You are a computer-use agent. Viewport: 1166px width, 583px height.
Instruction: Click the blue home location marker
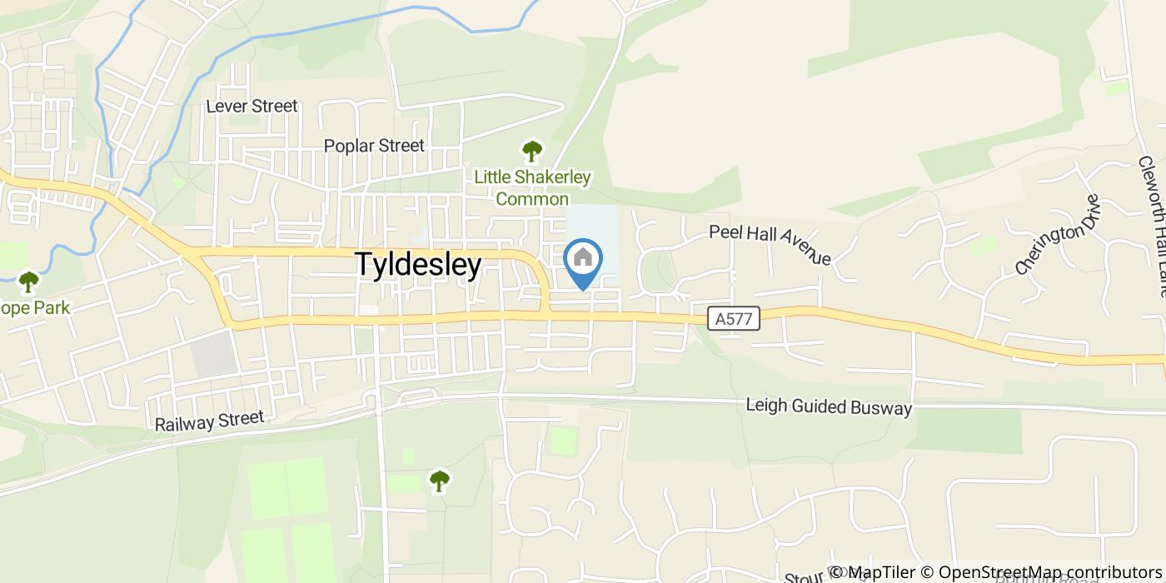click(x=583, y=261)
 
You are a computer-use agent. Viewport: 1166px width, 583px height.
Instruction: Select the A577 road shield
click(x=734, y=318)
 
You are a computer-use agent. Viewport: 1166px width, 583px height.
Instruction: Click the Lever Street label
click(x=252, y=107)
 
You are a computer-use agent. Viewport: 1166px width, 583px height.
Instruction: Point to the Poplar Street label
click(x=374, y=146)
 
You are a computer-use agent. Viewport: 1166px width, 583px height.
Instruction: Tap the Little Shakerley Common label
click(x=532, y=187)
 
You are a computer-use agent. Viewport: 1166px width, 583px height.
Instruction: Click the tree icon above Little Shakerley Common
click(x=531, y=152)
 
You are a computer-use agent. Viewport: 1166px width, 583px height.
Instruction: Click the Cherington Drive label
click(x=1058, y=234)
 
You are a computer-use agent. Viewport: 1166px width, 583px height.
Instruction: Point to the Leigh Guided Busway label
click(x=829, y=407)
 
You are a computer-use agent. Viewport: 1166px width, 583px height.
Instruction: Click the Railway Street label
click(x=209, y=421)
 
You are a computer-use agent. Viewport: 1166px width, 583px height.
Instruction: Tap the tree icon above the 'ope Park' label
click(x=29, y=282)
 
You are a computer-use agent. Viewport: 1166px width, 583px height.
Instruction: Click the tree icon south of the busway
click(x=439, y=480)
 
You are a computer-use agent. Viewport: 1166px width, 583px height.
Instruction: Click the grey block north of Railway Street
click(x=214, y=353)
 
